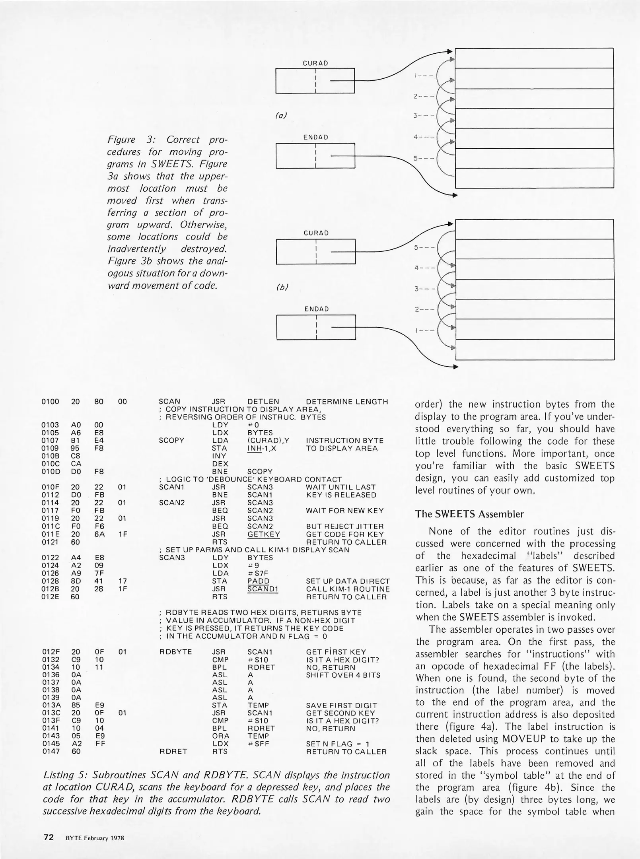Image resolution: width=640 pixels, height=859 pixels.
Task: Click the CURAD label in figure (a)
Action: tap(315, 63)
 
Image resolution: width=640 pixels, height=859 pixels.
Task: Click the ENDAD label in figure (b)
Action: tap(316, 309)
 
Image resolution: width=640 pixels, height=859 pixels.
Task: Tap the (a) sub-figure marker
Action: tap(281, 116)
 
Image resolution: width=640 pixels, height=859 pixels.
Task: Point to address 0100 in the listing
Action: tap(50, 402)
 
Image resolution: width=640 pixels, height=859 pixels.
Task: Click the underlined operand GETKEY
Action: tap(263, 534)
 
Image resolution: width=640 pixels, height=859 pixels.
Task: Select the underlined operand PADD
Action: tap(258, 581)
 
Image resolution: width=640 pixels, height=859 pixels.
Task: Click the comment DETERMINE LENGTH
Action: tap(347, 402)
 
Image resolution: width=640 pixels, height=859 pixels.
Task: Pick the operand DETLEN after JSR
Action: tap(263, 402)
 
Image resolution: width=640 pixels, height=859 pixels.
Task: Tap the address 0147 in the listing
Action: tap(50, 752)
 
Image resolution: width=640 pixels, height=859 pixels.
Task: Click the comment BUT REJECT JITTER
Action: tap(344, 527)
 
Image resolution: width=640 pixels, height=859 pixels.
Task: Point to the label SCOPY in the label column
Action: tap(171, 441)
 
